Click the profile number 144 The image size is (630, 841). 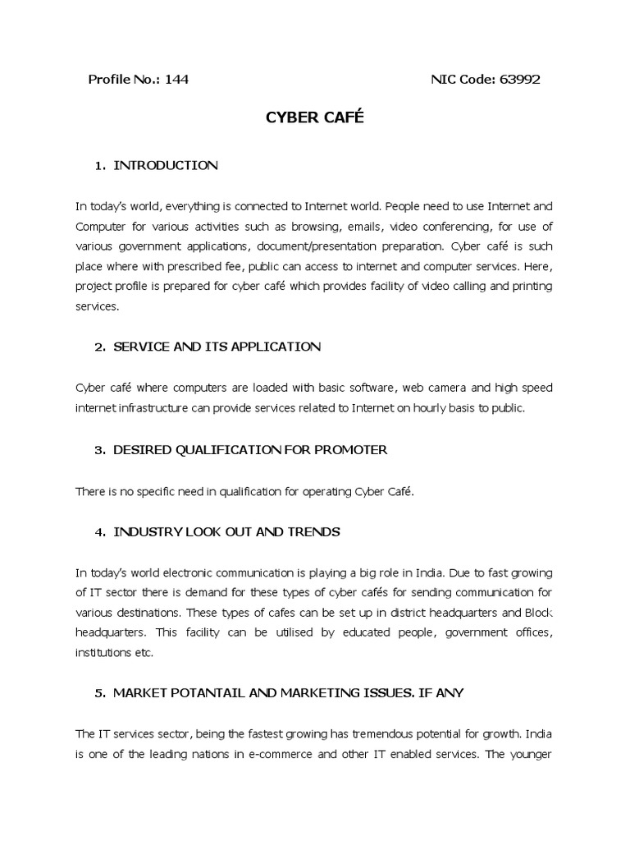176,80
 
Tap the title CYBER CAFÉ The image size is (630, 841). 314,118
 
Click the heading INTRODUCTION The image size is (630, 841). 165,165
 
